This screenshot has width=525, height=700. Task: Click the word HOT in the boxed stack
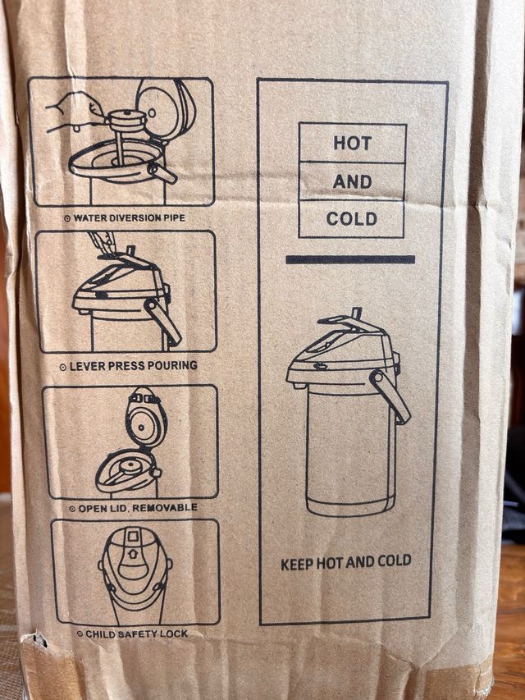[352, 144]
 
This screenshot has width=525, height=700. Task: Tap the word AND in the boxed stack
[352, 181]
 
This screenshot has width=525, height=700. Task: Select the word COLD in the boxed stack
[352, 219]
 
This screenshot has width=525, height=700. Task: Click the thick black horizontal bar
[350, 259]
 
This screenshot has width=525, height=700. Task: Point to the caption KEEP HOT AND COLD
[345, 562]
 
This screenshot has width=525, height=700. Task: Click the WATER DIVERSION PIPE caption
[125, 218]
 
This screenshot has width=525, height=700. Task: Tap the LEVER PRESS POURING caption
[129, 366]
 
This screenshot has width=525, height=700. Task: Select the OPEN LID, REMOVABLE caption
[133, 508]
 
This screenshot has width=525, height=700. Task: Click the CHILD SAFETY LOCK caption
[132, 634]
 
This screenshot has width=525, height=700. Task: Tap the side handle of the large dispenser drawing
[390, 396]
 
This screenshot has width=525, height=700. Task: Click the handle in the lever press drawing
[162, 321]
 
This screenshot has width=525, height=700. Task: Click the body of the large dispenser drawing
[351, 451]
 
